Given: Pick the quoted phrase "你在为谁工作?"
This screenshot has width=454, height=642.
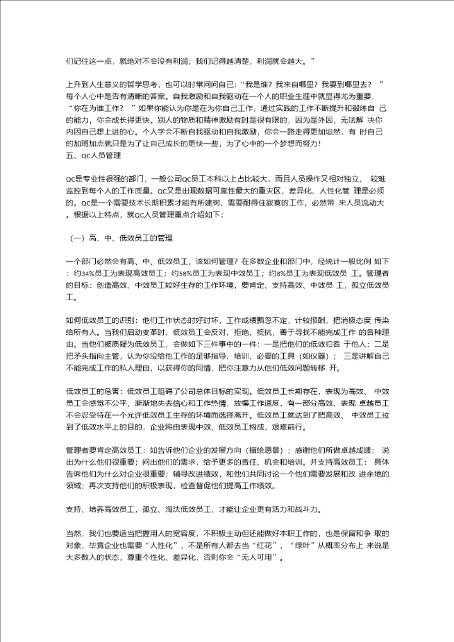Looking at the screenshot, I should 98,107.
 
